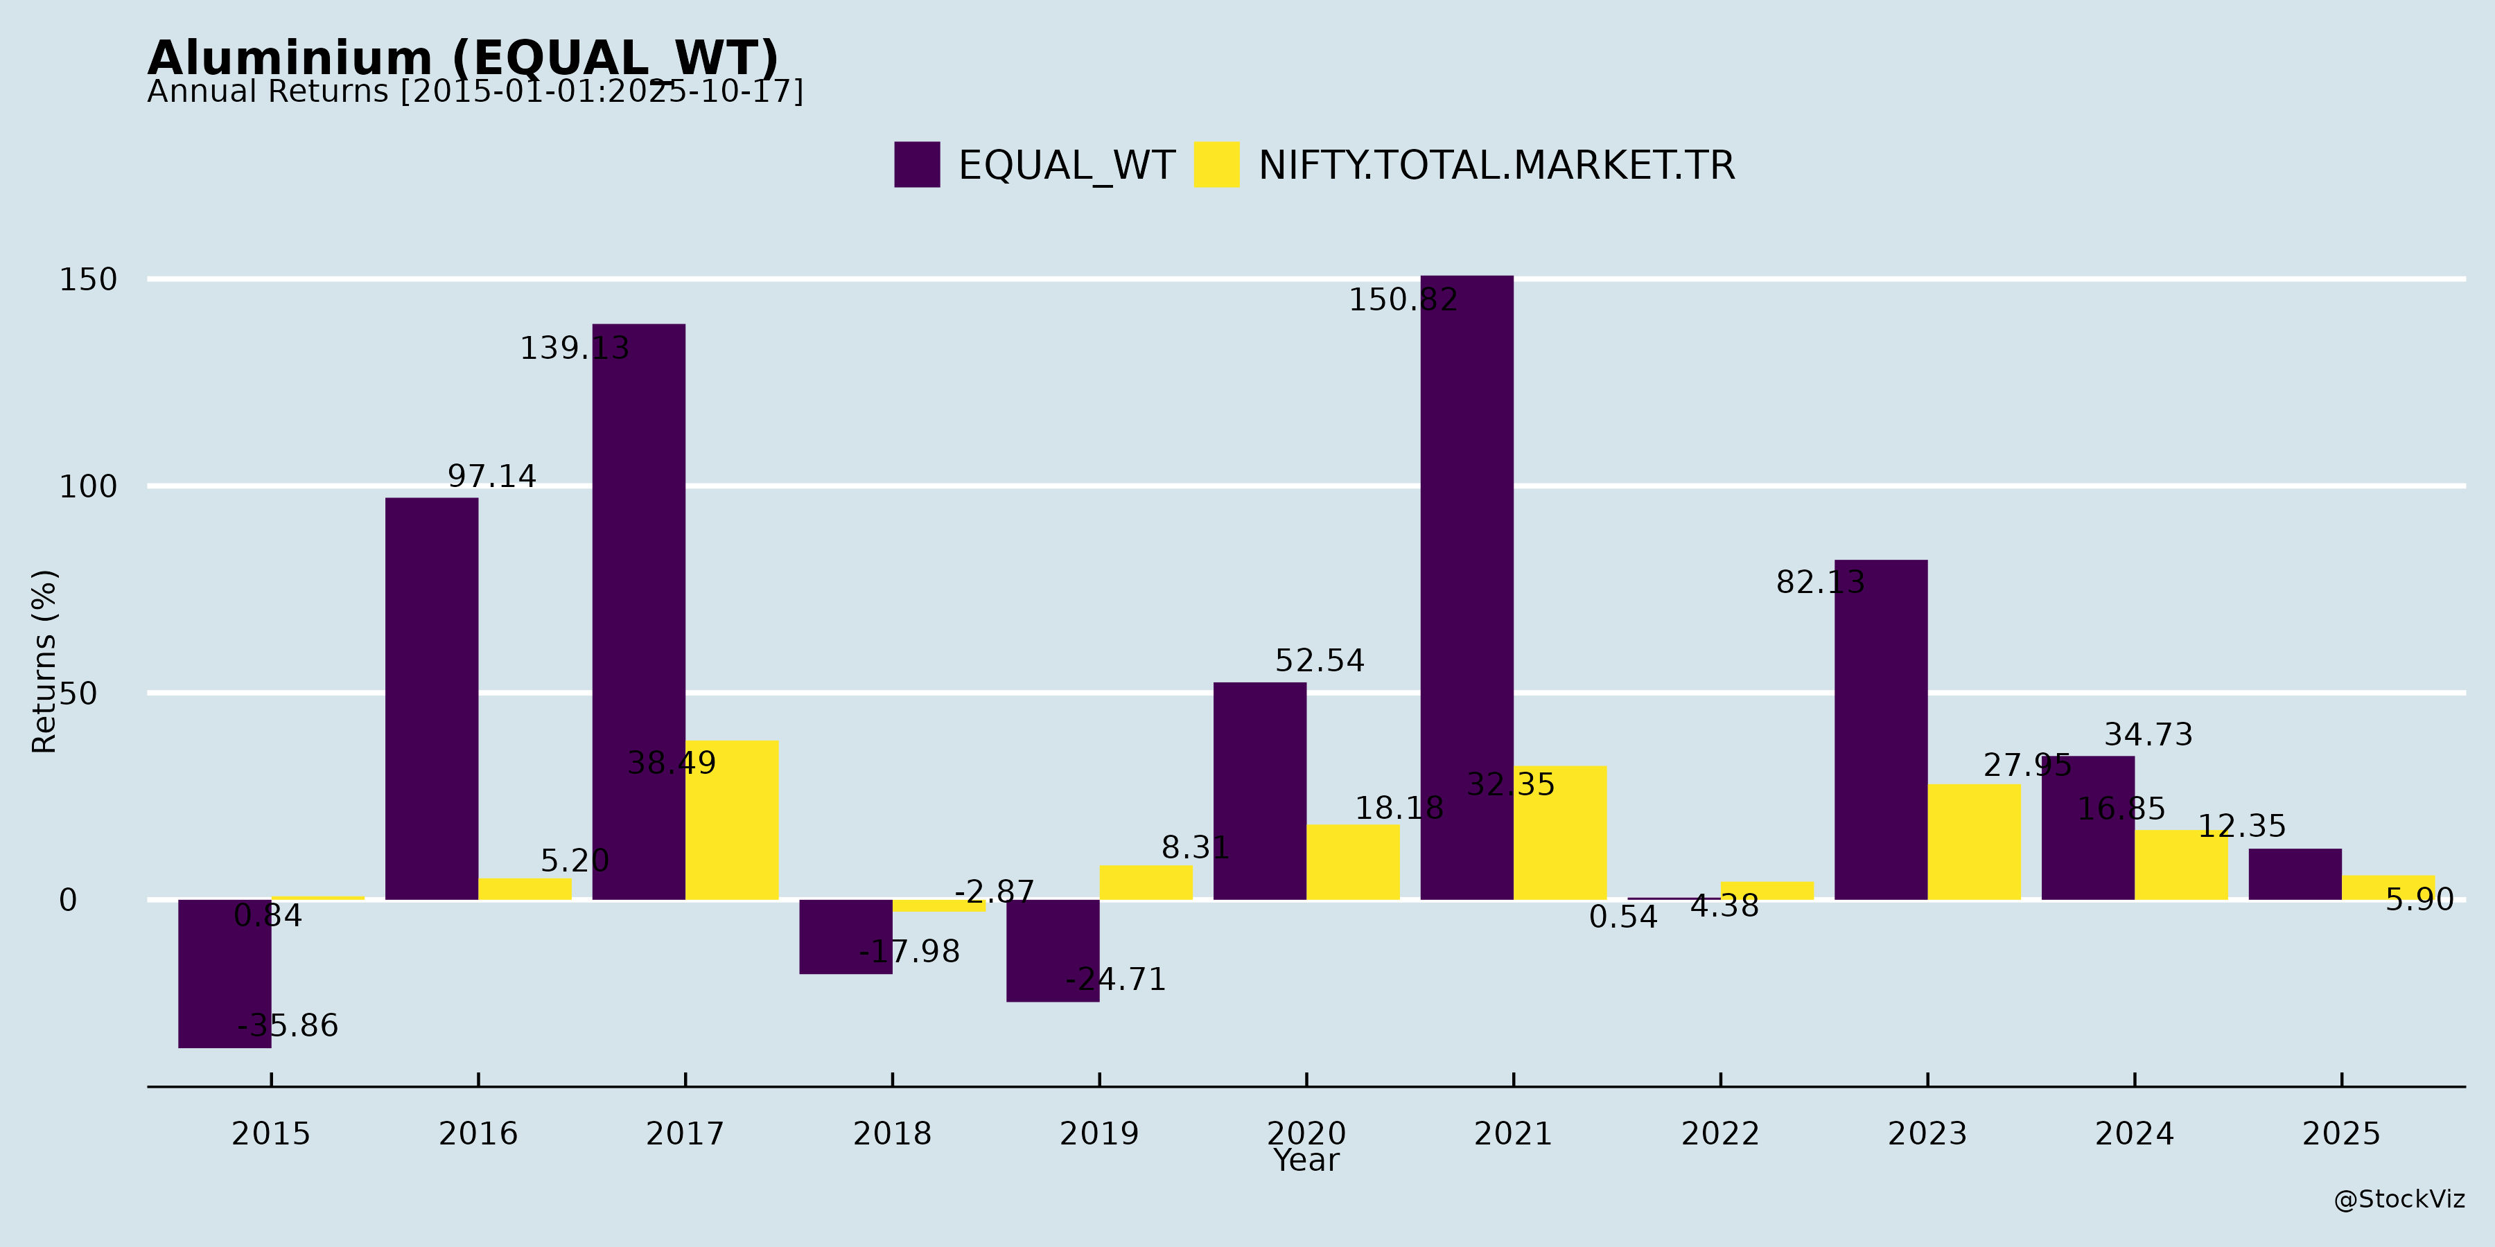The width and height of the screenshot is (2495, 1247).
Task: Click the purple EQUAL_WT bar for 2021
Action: click(1467, 587)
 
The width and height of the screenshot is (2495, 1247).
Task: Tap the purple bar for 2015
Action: click(225, 973)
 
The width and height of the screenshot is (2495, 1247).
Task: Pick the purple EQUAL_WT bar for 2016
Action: click(431, 698)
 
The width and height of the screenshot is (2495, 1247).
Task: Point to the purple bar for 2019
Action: click(1052, 950)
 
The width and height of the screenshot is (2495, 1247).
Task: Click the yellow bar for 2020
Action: click(1352, 862)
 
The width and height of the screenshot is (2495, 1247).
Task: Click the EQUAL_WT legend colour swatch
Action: click(916, 165)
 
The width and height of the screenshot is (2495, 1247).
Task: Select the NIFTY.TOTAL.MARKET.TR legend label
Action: click(1496, 166)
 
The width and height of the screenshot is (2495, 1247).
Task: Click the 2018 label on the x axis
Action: click(892, 1133)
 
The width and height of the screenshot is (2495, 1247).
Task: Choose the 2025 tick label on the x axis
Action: click(2341, 1133)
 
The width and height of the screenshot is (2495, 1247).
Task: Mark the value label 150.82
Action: click(1403, 300)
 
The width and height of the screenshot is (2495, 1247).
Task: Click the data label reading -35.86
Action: click(288, 1025)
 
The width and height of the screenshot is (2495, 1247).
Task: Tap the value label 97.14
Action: click(491, 477)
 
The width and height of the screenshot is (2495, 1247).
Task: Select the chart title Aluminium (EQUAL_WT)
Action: click(463, 58)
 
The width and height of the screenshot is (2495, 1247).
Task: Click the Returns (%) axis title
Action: click(44, 662)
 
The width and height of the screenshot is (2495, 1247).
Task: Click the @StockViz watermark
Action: click(2398, 1200)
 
